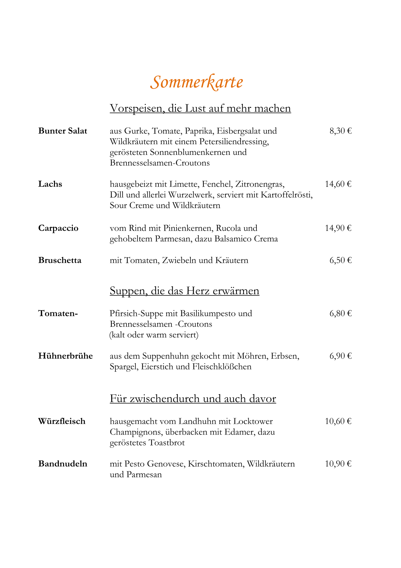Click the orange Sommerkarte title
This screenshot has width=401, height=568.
(197, 82)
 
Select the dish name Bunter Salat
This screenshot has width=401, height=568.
(63, 131)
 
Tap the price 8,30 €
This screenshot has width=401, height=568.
(341, 131)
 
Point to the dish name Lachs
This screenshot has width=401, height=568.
(50, 184)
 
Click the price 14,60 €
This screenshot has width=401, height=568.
(338, 184)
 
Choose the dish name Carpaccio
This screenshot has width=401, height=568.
(58, 228)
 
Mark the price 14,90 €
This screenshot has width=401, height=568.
(338, 228)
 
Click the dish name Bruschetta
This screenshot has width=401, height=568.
(60, 260)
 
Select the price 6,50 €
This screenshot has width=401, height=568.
(341, 260)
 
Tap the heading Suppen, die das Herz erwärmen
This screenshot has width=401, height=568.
(184, 291)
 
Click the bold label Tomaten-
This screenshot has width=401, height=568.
(58, 313)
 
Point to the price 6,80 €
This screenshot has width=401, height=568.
(341, 313)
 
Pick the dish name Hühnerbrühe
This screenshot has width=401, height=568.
(66, 356)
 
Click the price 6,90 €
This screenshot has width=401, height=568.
(341, 356)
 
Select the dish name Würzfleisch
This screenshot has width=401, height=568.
(62, 421)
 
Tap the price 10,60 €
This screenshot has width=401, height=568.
(338, 421)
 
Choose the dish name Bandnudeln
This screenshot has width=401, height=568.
(63, 464)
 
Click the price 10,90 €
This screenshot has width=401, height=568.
(338, 464)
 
